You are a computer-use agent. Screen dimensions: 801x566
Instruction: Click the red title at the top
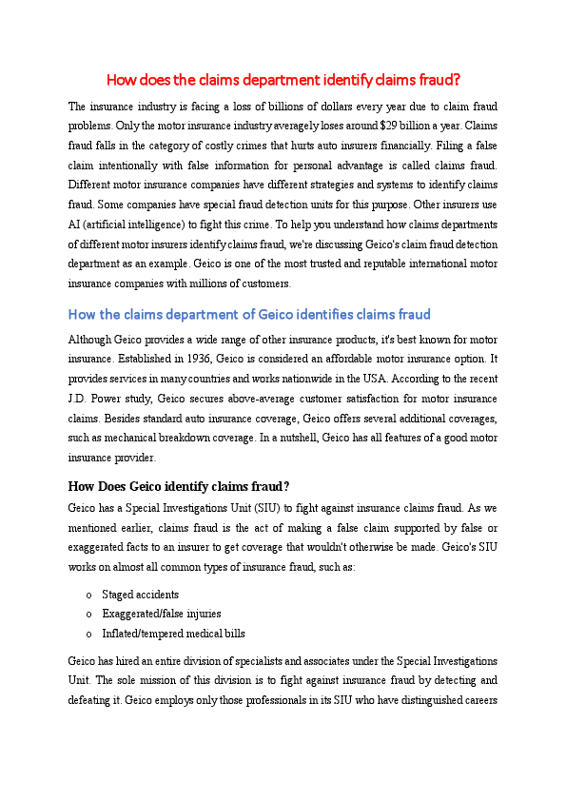[283, 79]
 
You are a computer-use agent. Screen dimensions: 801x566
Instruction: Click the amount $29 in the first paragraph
[388, 125]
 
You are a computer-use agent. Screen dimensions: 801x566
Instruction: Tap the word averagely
[283, 125]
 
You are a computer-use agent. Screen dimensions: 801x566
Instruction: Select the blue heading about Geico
[249, 314]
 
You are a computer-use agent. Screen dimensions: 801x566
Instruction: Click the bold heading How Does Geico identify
[179, 486]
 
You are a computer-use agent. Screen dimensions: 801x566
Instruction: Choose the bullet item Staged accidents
[140, 595]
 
